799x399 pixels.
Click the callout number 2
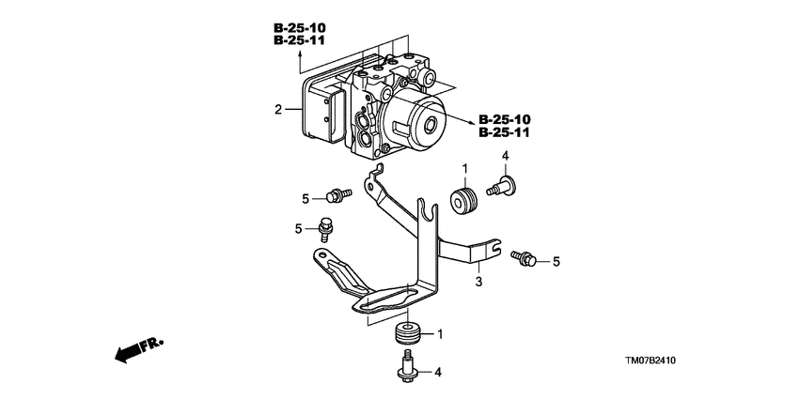tap(277, 111)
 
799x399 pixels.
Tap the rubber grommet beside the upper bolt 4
tap(462, 200)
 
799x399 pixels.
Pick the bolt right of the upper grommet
tap(502, 185)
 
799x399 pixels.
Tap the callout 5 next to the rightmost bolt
tap(556, 261)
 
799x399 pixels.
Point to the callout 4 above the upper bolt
tap(506, 156)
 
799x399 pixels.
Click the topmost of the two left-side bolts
tap(336, 194)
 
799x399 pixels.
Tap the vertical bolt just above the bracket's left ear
tap(326, 226)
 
